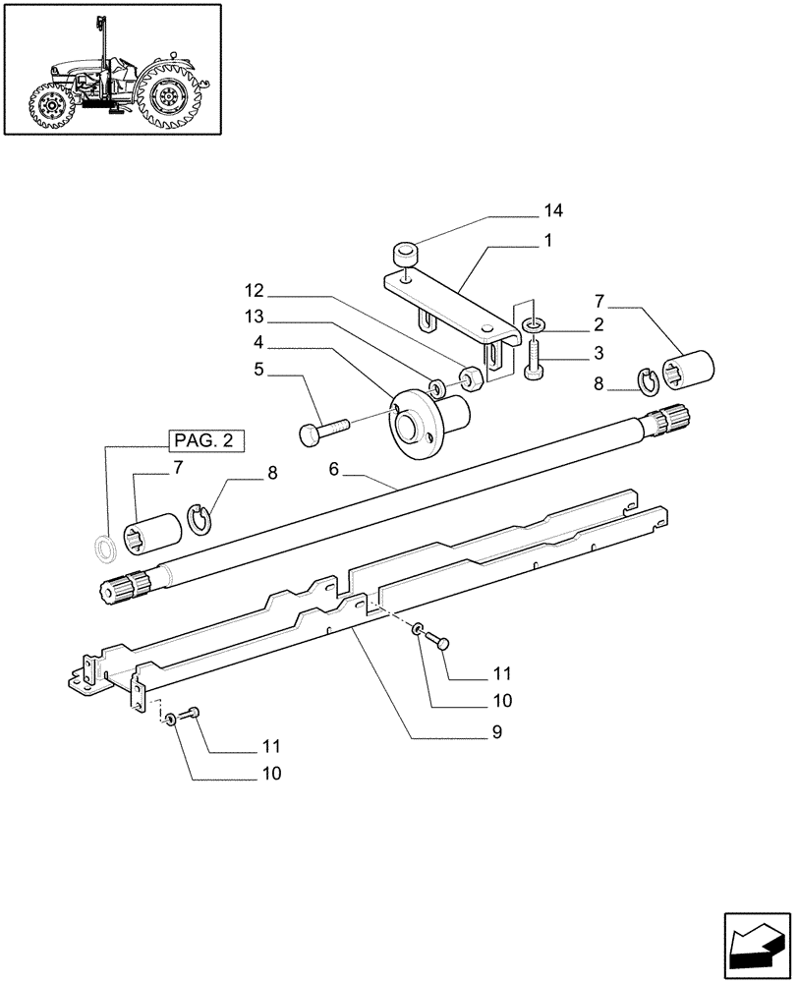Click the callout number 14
pos(554,210)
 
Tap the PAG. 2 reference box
pos(205,440)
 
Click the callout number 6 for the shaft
pos(333,471)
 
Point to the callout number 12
pos(256,292)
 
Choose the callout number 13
pos(256,318)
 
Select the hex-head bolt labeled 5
pos(322,431)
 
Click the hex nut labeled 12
pos(470,376)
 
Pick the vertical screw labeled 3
pos(533,355)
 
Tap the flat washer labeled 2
pos(532,323)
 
